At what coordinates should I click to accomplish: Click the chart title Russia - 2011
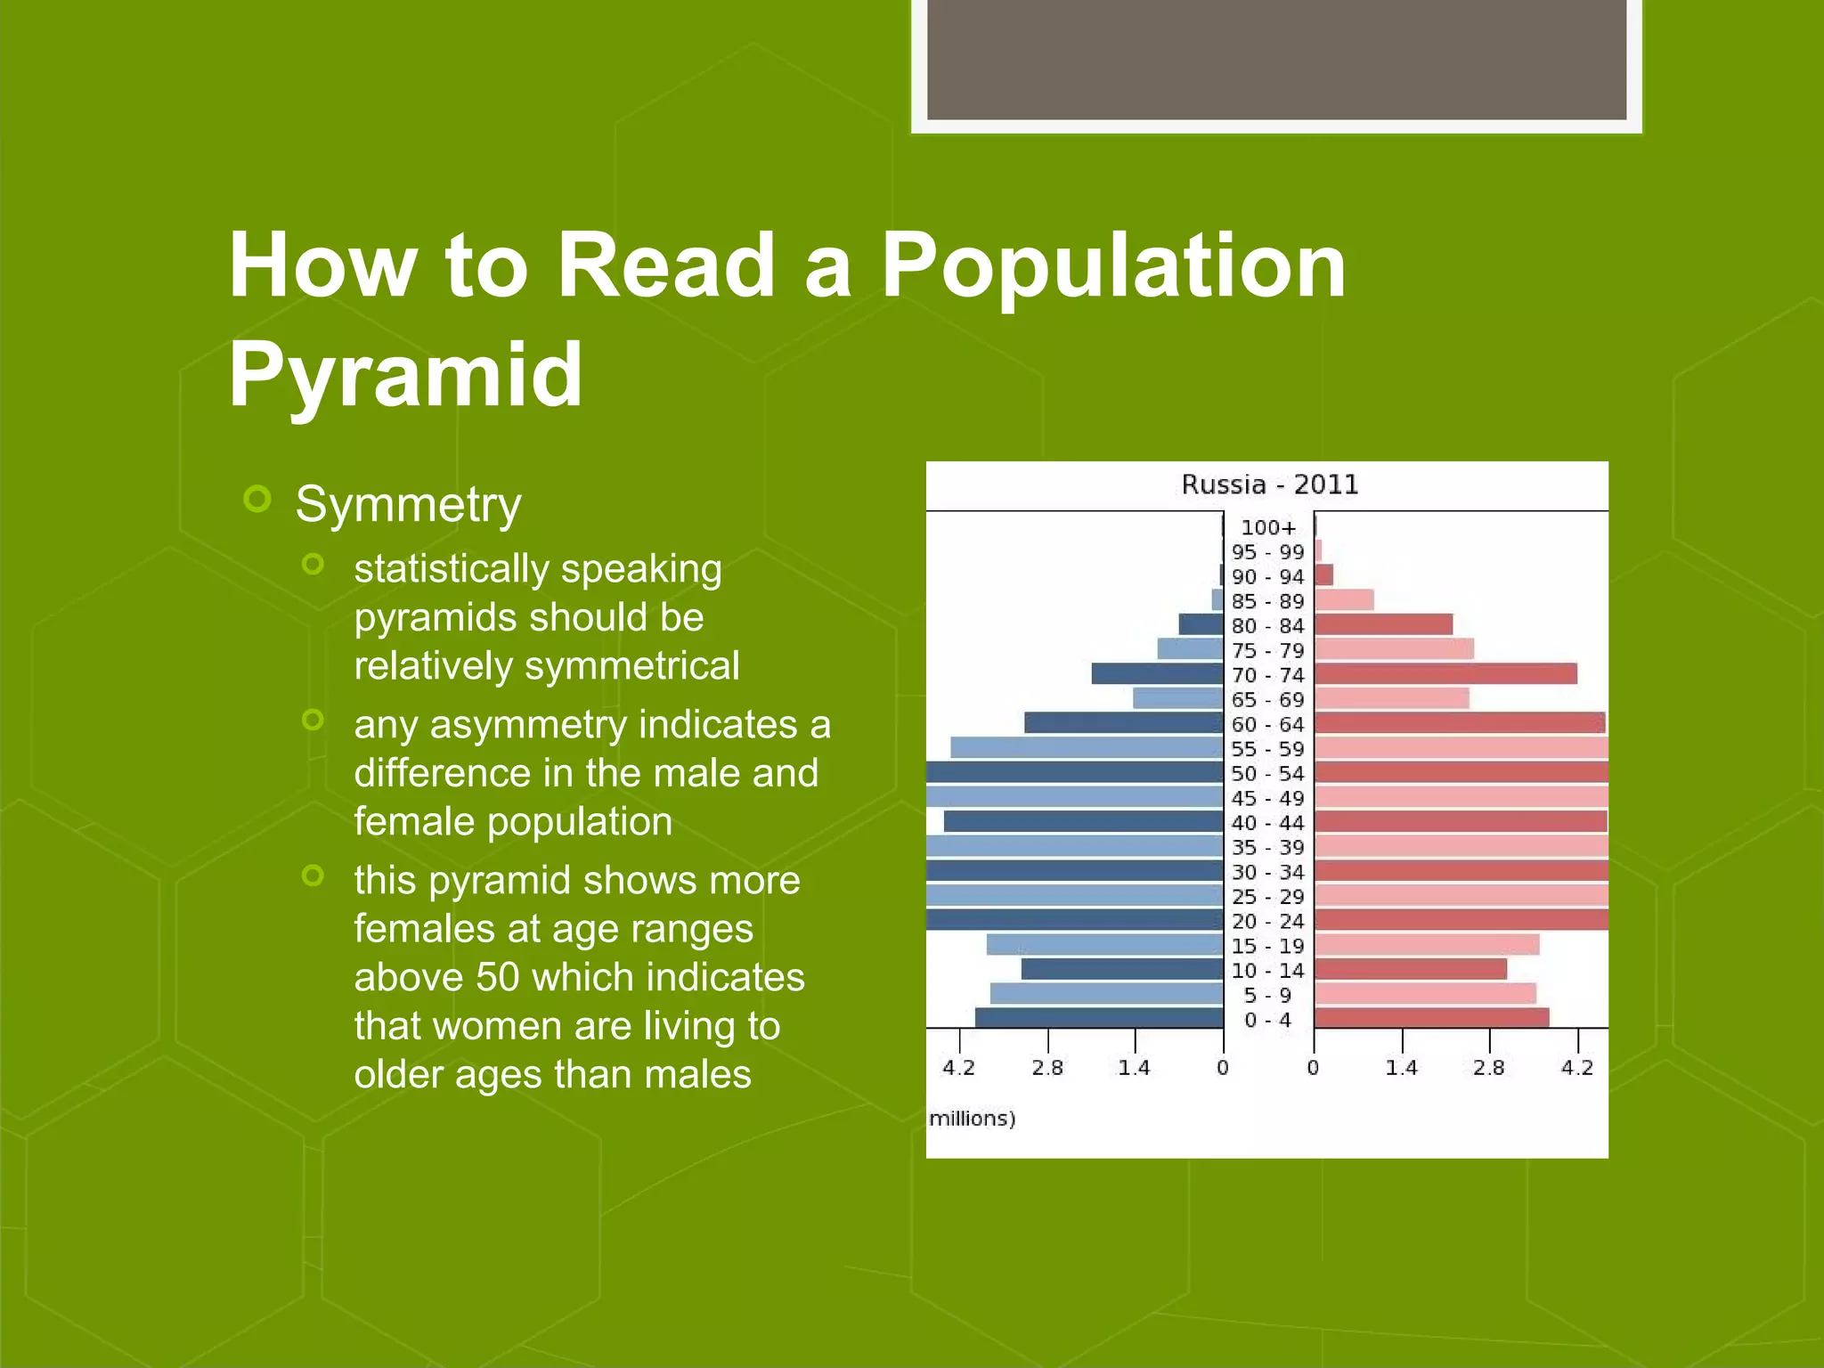pyautogui.click(x=1269, y=485)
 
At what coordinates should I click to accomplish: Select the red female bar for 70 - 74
pyautogui.click(x=1445, y=674)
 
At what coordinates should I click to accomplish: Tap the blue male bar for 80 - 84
pyautogui.click(x=1201, y=624)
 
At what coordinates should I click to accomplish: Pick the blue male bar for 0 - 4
pyautogui.click(x=1099, y=1018)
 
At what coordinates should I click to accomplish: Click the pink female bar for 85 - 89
pyautogui.click(x=1344, y=600)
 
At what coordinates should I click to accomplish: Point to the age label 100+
pyautogui.click(x=1268, y=528)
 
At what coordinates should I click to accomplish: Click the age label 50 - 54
pyautogui.click(x=1267, y=774)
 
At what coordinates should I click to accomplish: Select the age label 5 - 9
pyautogui.click(x=1267, y=996)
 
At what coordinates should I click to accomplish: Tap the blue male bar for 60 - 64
pyautogui.click(x=1123, y=723)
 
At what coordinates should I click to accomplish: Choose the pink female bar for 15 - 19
pyautogui.click(x=1426, y=945)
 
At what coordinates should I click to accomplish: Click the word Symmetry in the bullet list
pyautogui.click(x=408, y=505)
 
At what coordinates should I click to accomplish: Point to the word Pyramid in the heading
pyautogui.click(x=406, y=374)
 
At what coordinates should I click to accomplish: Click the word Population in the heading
pyautogui.click(x=1113, y=265)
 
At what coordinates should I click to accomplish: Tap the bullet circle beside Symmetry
pyautogui.click(x=257, y=499)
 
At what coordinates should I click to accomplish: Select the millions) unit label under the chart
pyautogui.click(x=972, y=1119)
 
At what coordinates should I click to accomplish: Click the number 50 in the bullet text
pyautogui.click(x=497, y=977)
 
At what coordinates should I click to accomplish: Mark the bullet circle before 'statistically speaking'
pyautogui.click(x=313, y=564)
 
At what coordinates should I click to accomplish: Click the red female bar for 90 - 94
pyautogui.click(x=1323, y=575)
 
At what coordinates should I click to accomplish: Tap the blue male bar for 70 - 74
pyautogui.click(x=1157, y=674)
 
